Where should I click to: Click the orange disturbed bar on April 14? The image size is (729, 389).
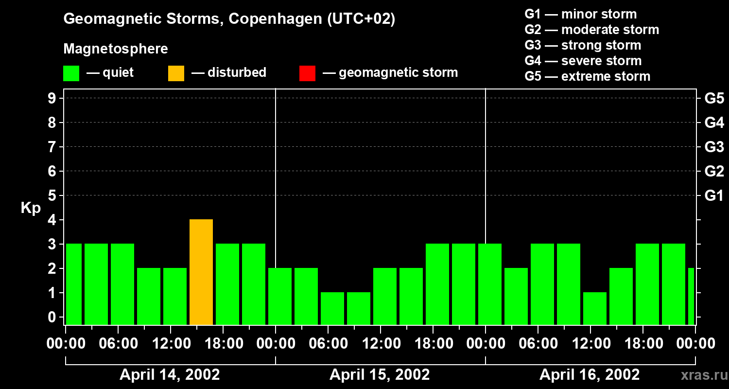(x=201, y=272)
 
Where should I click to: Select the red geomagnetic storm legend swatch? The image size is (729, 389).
(x=307, y=73)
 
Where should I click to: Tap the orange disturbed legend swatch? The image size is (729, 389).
(x=176, y=73)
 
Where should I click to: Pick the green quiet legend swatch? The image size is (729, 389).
(x=71, y=73)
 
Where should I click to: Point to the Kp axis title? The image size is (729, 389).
(x=31, y=208)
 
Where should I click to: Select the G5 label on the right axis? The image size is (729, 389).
(x=714, y=98)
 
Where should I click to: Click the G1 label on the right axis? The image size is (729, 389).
(x=714, y=196)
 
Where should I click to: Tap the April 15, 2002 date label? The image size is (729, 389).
(x=380, y=375)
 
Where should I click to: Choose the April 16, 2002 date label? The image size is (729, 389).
(x=590, y=375)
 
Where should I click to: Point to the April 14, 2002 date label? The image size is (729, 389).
(x=170, y=375)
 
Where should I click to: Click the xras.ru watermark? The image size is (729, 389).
(x=701, y=375)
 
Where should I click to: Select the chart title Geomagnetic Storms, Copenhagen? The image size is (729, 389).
(x=229, y=19)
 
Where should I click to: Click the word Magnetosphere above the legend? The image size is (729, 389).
(x=116, y=49)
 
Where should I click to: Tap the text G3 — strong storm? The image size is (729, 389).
(x=583, y=45)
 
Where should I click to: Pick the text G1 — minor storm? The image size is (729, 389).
(x=580, y=14)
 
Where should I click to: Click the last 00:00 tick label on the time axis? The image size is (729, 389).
(x=695, y=344)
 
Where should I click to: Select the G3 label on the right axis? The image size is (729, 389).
(x=714, y=147)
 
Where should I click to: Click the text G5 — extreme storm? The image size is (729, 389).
(x=587, y=76)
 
